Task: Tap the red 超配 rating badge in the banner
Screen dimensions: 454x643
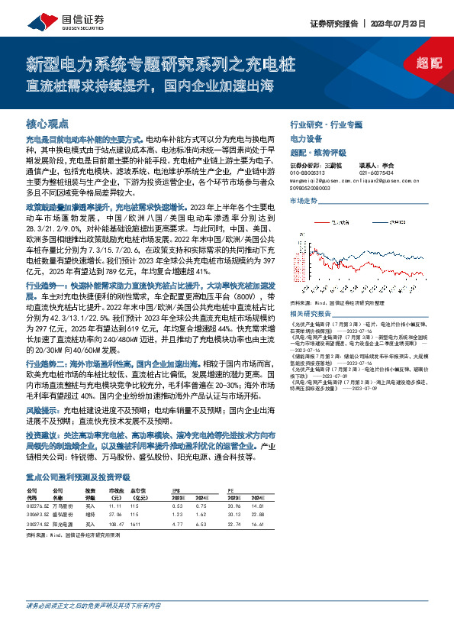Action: tap(430, 64)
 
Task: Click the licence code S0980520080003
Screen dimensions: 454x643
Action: tap(315, 186)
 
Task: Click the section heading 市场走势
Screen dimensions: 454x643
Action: tap(303, 200)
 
